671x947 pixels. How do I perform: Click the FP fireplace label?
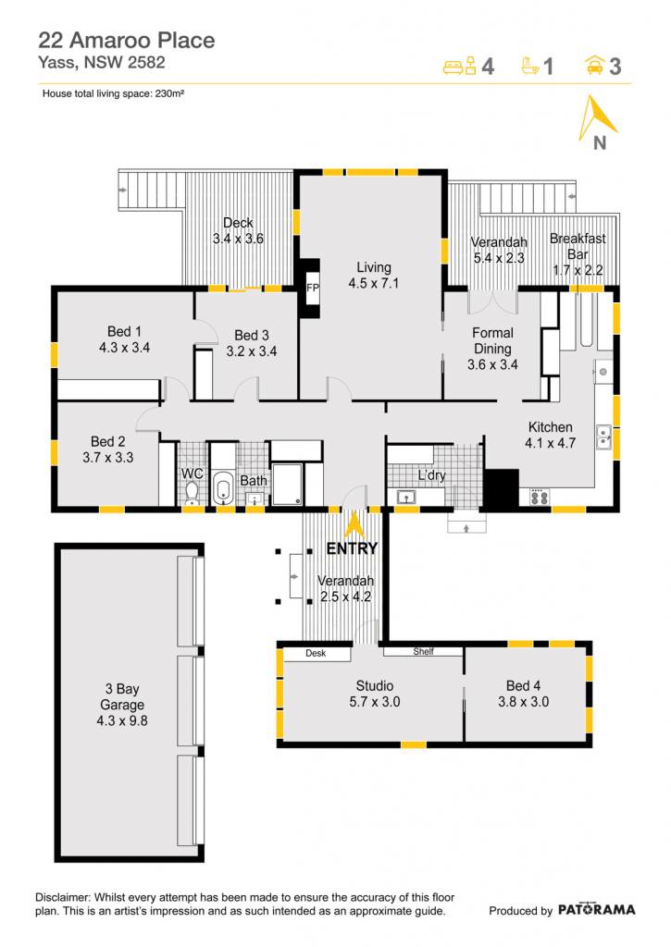click(313, 288)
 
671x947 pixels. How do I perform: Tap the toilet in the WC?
click(193, 493)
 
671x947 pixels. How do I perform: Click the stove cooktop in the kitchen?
click(540, 497)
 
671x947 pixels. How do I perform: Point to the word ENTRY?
click(352, 548)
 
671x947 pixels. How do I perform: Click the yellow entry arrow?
click(354, 524)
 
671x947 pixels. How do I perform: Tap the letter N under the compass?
click(599, 143)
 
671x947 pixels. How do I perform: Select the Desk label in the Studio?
click(316, 654)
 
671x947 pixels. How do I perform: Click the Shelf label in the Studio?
click(423, 652)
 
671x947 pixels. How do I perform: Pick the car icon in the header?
click(595, 65)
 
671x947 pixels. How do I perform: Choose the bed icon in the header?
click(460, 66)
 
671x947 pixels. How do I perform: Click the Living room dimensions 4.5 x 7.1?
click(374, 283)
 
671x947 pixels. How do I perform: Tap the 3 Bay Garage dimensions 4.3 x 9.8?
click(122, 720)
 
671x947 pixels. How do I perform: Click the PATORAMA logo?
click(596, 910)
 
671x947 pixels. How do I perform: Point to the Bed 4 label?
click(524, 685)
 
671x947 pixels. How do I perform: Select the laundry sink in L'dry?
click(406, 498)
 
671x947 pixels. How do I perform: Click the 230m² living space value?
click(169, 93)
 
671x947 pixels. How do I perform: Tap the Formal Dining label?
click(492, 340)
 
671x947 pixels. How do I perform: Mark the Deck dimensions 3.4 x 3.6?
click(238, 239)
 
